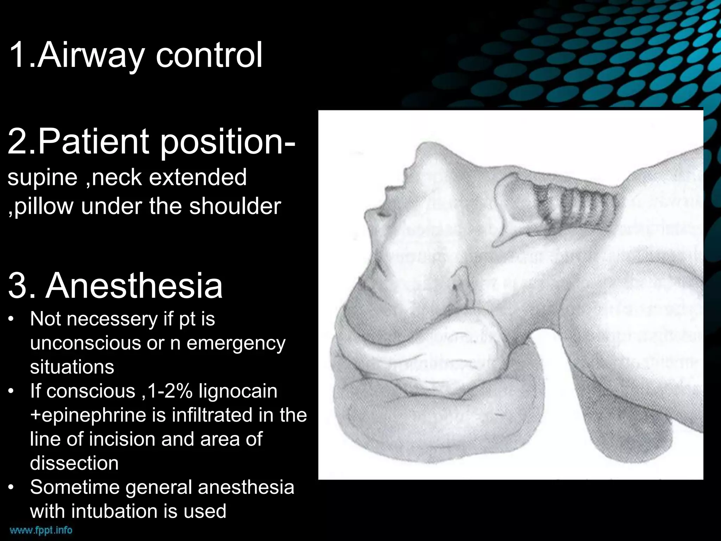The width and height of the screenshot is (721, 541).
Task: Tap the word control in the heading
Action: (x=209, y=55)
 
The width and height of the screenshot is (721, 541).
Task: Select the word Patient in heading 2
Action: (x=95, y=142)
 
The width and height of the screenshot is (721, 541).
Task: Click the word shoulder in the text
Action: (x=235, y=206)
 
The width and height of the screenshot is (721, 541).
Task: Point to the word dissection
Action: (x=74, y=463)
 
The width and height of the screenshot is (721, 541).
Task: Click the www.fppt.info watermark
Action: (x=41, y=530)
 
